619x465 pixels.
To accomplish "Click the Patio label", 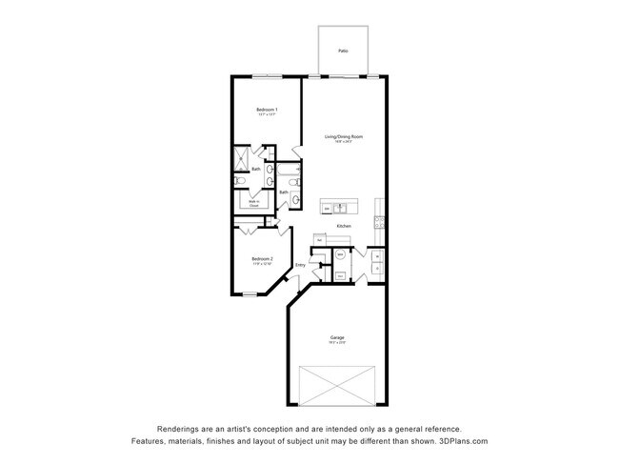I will pos(342,51).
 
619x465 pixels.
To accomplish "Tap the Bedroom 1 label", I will pos(267,111).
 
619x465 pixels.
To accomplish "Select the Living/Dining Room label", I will pos(344,136).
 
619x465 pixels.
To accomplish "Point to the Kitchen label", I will pos(344,225).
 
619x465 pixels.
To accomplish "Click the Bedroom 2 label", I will pos(263,258).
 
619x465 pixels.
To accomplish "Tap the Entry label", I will pos(300,265).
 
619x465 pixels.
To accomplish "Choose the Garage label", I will pos(337,338).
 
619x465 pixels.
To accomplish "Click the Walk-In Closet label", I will pos(254,203).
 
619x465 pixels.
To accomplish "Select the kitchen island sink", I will pos(340,207).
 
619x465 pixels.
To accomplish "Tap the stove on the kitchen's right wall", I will pos(379,225).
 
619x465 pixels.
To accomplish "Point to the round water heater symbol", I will pos(341,255).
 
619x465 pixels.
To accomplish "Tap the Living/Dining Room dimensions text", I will pos(344,142).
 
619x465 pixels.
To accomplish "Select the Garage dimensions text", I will pos(337,344).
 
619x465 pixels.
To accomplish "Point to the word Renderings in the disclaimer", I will pos(178,430).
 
